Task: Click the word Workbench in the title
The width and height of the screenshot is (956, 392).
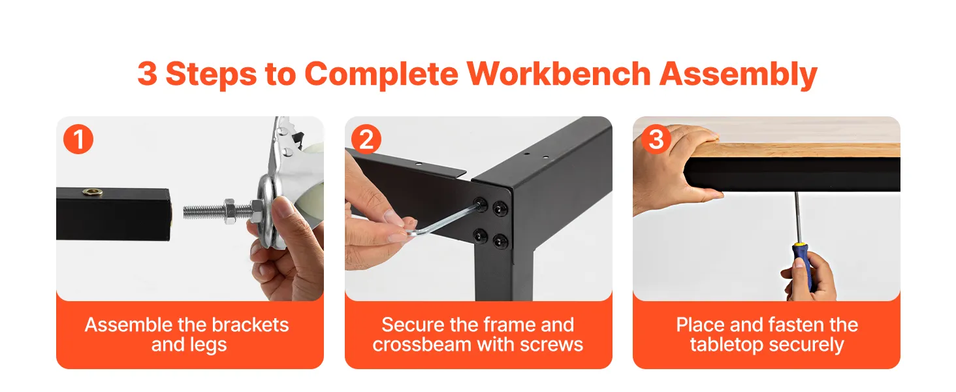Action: [559, 74]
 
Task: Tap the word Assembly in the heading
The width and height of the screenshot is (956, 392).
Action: [739, 75]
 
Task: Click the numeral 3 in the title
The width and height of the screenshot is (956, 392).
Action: [147, 74]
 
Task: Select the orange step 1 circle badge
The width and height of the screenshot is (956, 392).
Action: [78, 140]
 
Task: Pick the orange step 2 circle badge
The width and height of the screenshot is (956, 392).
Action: [366, 139]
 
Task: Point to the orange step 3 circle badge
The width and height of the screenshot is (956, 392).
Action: [656, 139]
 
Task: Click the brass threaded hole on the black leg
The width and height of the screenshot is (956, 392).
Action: [93, 192]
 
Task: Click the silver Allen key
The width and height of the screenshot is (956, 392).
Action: [444, 221]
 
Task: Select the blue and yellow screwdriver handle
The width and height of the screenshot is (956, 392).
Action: [802, 265]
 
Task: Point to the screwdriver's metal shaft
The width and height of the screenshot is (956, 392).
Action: [797, 218]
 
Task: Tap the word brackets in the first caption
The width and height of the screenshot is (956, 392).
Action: [250, 325]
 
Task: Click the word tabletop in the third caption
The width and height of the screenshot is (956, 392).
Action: [726, 345]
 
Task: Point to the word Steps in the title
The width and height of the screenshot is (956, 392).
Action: [211, 75]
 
